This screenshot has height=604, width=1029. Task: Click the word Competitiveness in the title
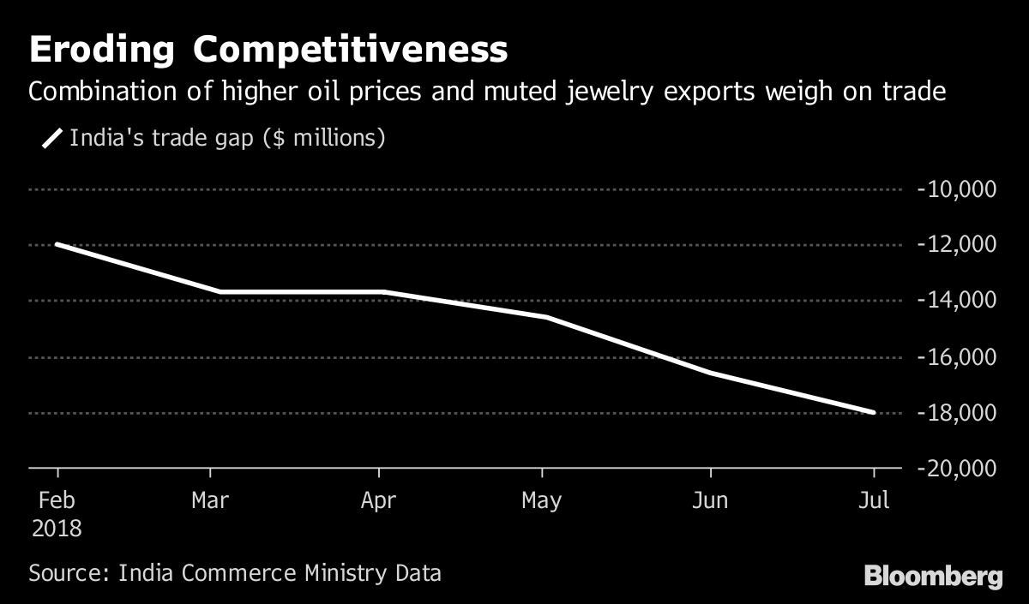(x=350, y=51)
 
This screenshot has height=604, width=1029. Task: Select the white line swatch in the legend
(x=52, y=138)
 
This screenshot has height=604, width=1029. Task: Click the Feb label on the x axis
(x=57, y=501)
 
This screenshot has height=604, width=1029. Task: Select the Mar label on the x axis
(x=210, y=501)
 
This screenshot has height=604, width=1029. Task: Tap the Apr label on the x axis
(x=378, y=501)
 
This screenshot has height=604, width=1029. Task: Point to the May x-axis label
(x=542, y=501)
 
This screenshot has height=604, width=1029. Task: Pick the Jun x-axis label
(x=710, y=501)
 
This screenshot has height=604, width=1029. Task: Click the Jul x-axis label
(x=874, y=501)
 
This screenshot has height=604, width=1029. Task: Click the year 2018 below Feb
(x=57, y=529)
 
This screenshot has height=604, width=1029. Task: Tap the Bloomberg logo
(x=933, y=576)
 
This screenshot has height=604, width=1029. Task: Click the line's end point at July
(x=874, y=412)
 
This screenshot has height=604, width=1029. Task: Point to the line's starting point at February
(x=57, y=244)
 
